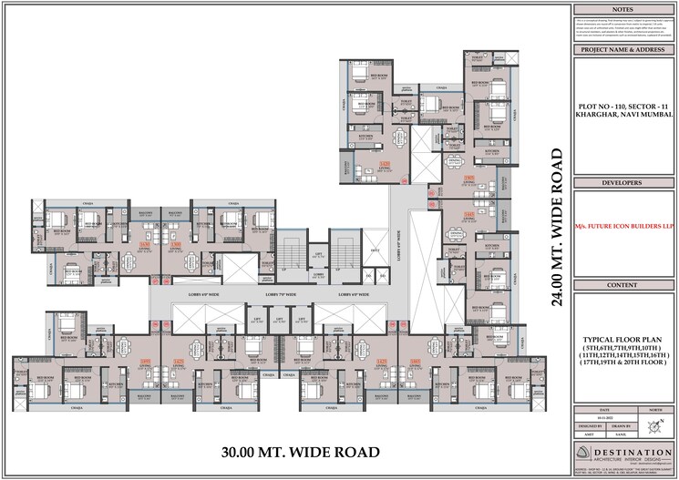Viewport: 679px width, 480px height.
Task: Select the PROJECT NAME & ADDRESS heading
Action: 623,50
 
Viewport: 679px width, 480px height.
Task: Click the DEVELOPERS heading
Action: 623,182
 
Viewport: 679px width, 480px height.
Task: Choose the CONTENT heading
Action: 623,285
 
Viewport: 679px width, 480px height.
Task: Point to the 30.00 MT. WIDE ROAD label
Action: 300,451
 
